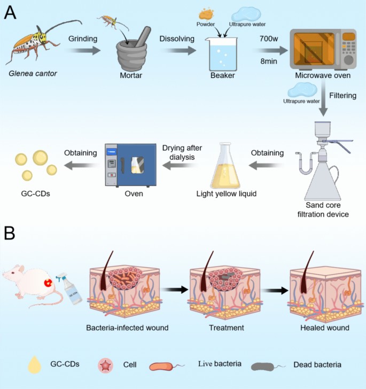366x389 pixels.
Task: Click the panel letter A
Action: [x=10, y=11]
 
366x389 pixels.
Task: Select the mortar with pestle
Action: [x=133, y=51]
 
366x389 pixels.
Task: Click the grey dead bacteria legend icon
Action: [x=269, y=365]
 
